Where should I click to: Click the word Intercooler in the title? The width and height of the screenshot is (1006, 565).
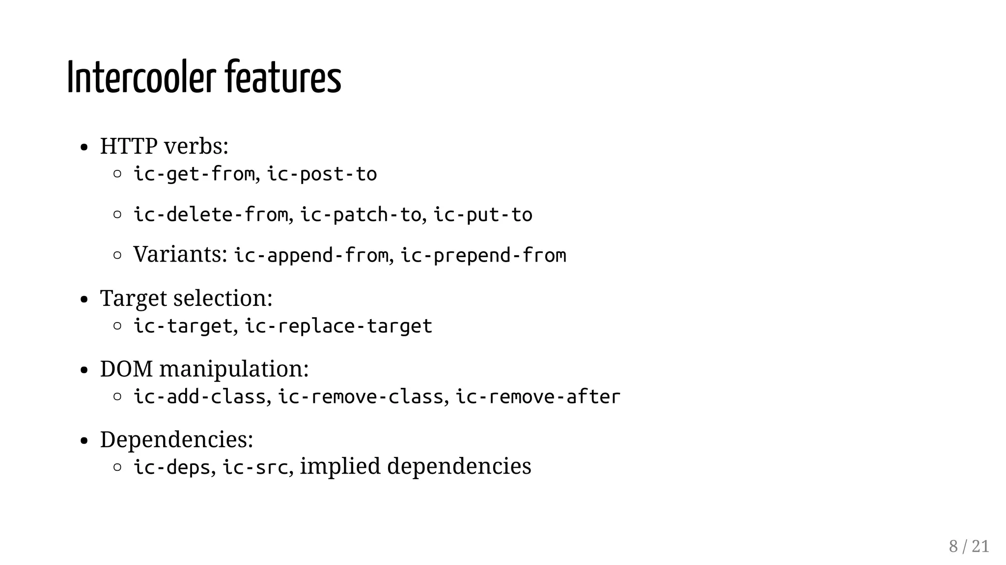pos(141,78)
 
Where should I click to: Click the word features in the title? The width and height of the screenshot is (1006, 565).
pos(283,78)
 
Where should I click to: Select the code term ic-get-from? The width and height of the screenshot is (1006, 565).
pos(194,174)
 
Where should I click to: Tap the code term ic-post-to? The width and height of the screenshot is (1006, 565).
pos(322,174)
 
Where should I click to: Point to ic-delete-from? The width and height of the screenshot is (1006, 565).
pos(211,215)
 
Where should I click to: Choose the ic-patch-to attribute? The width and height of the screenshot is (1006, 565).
pos(361,215)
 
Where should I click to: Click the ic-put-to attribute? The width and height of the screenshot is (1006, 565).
pos(483,215)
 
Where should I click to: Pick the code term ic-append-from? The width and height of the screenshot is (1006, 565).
pos(311,256)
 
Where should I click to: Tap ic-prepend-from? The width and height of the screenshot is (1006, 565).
pos(483,256)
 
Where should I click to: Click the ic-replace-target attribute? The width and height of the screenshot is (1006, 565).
pos(338,326)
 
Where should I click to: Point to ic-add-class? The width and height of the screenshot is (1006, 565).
pos(199,397)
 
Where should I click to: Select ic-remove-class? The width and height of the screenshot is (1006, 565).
pos(361,397)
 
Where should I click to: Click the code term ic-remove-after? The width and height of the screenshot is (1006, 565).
pos(538,397)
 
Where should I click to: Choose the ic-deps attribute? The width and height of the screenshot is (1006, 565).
pos(172,467)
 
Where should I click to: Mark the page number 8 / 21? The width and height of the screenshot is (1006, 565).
pos(969,546)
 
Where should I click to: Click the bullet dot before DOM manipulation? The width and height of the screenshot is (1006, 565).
pos(84,370)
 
